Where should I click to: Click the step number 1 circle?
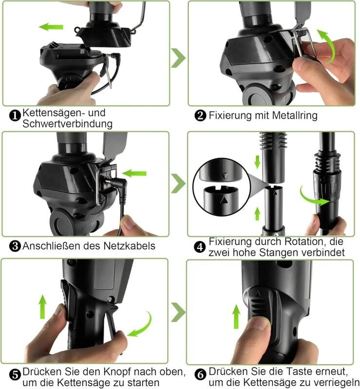coord(15,116)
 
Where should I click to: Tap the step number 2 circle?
coord(200,116)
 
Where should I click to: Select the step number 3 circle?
coord(15,246)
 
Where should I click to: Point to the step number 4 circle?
coord(200,247)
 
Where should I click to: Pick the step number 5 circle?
coord(15,374)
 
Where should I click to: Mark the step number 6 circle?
coord(200,374)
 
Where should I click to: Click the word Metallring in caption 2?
coord(295,115)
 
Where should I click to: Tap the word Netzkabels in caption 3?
coord(129,246)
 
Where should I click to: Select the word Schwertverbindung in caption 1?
coord(67,124)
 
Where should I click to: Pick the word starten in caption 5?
coord(143,382)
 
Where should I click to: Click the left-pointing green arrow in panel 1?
coord(51,27)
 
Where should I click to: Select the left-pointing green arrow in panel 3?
coord(134,174)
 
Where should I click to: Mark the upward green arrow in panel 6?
coord(236,317)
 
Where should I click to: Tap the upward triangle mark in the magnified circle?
coord(224,200)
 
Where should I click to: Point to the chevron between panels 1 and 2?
coord(178,58)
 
